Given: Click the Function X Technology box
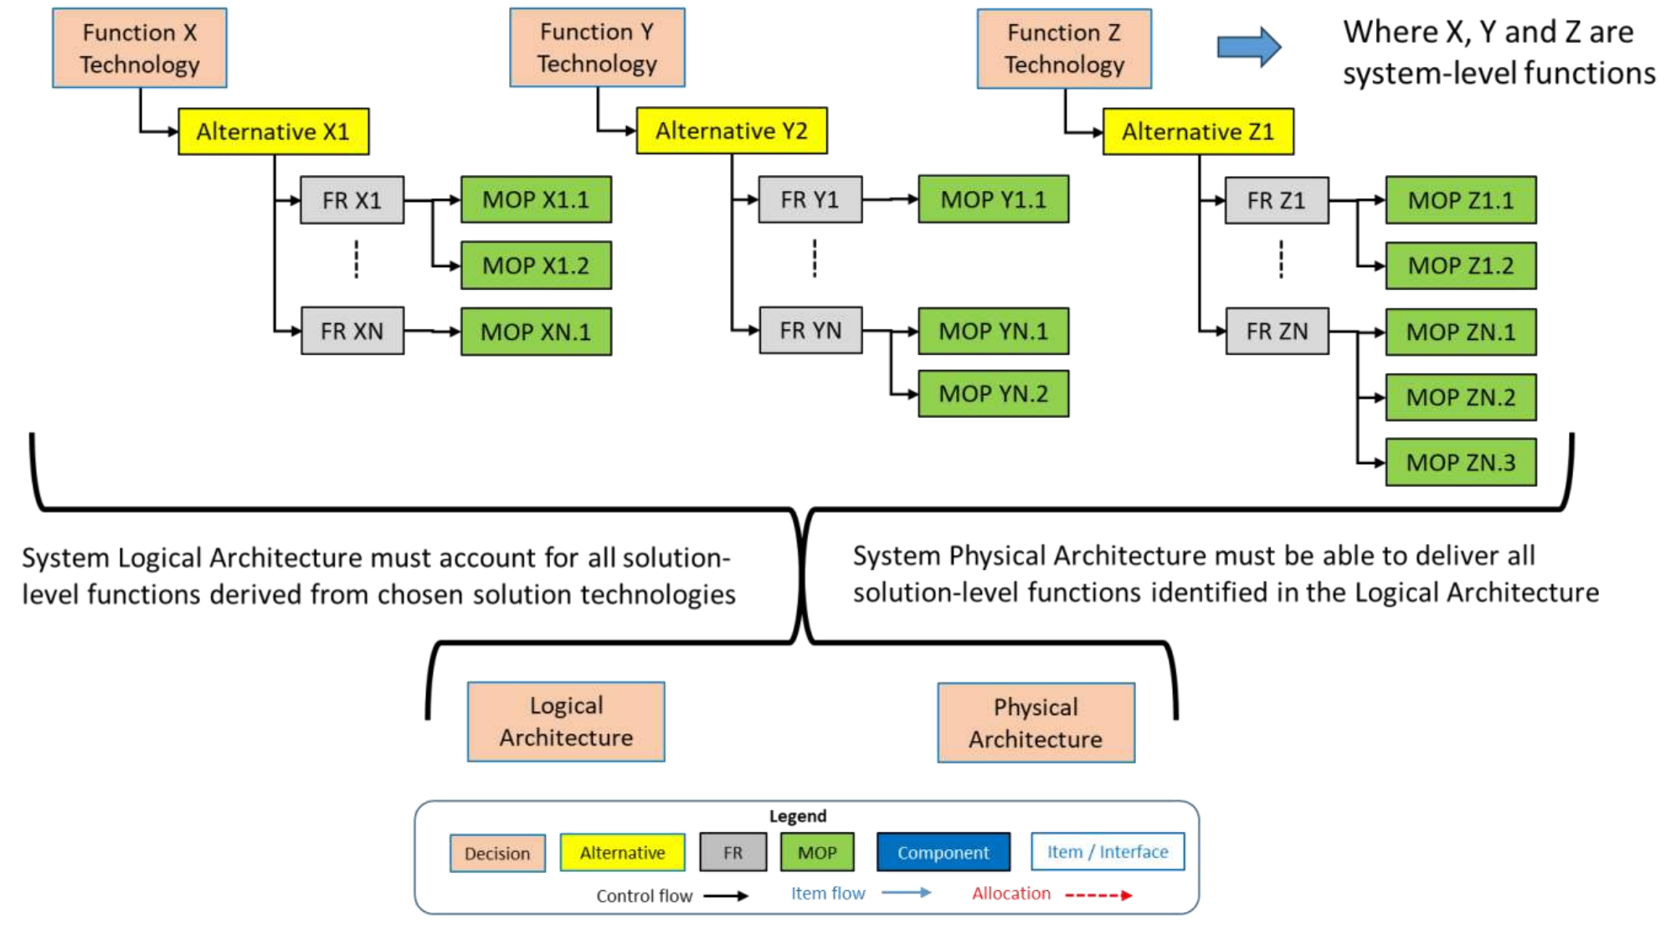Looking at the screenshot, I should click(x=139, y=48).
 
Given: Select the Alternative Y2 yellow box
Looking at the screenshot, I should click(x=731, y=131).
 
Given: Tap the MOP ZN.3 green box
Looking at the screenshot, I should click(x=1460, y=462).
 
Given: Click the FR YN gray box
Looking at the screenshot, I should click(x=810, y=331).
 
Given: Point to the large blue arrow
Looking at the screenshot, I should click(x=1248, y=47).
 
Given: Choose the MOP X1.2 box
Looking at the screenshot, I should click(x=536, y=265).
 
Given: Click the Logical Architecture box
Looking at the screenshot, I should click(x=566, y=721).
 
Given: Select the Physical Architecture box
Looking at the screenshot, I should click(x=1036, y=723).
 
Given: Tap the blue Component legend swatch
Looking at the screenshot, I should click(x=943, y=852).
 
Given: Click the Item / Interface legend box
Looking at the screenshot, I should click(x=1107, y=852).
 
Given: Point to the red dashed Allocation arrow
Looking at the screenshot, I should click(x=1098, y=895).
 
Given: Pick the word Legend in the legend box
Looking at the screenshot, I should click(x=797, y=816).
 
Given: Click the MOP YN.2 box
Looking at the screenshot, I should click(x=993, y=394).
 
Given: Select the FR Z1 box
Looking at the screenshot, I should click(x=1276, y=200).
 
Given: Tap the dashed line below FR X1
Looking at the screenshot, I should click(x=357, y=260).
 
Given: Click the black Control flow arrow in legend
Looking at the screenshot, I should click(x=725, y=896).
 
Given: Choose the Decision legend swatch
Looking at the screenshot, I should click(x=497, y=853).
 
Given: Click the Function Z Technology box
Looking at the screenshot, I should click(x=1063, y=49).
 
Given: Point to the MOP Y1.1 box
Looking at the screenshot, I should click(x=993, y=199).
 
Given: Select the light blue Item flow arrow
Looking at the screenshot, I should click(x=906, y=893).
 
